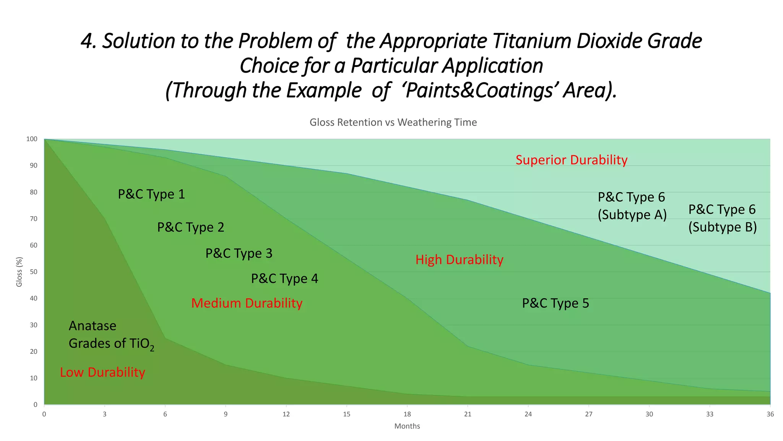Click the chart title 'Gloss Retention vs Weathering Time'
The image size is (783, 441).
click(393, 122)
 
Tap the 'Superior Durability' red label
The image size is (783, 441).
click(571, 160)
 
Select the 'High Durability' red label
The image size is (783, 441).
click(459, 260)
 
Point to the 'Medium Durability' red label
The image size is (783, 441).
click(247, 303)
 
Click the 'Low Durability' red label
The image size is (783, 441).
click(102, 372)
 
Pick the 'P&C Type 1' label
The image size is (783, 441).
click(151, 194)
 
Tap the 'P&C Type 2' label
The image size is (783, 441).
click(191, 227)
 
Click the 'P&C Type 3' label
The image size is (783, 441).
click(239, 253)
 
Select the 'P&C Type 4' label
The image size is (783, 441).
click(284, 279)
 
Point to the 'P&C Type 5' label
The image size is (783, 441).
click(556, 303)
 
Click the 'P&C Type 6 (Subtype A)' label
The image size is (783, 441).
click(632, 206)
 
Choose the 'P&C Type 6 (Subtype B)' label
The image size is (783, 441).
click(723, 218)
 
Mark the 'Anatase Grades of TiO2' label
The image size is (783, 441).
click(111, 335)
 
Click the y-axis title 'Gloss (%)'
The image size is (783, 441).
click(19, 272)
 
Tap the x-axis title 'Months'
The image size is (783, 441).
click(407, 426)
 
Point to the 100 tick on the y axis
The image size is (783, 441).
click(32, 139)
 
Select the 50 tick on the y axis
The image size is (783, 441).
click(33, 272)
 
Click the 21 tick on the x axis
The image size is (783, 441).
click(468, 414)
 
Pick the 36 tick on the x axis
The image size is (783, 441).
click(770, 414)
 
